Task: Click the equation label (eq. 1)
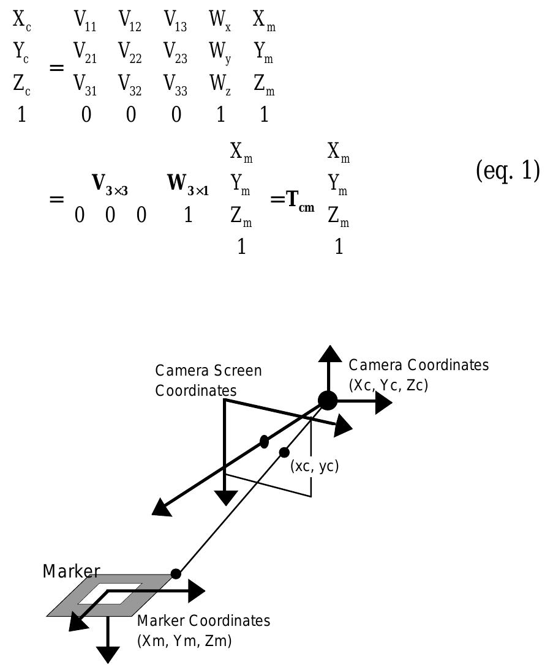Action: pyautogui.click(x=507, y=172)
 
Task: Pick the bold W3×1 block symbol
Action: pyautogui.click(x=188, y=184)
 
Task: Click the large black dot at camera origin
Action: pyautogui.click(x=328, y=401)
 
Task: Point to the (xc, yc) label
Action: pyautogui.click(x=314, y=466)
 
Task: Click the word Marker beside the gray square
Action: pyautogui.click(x=71, y=571)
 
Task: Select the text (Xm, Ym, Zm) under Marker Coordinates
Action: pyautogui.click(x=184, y=641)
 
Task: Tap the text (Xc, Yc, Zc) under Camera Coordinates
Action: pyautogui.click(x=388, y=386)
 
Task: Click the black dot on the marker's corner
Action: pyautogui.click(x=176, y=574)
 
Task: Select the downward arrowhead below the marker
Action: pyautogui.click(x=109, y=654)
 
